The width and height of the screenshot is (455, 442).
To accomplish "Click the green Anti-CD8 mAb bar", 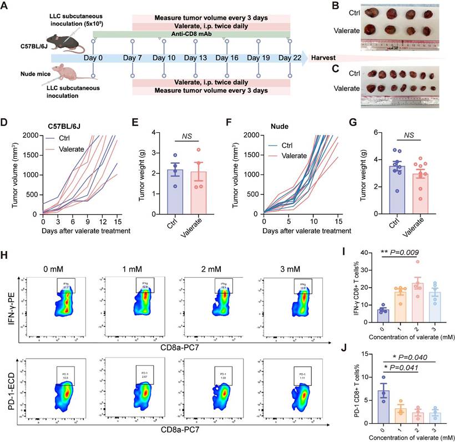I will click(x=191, y=34).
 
